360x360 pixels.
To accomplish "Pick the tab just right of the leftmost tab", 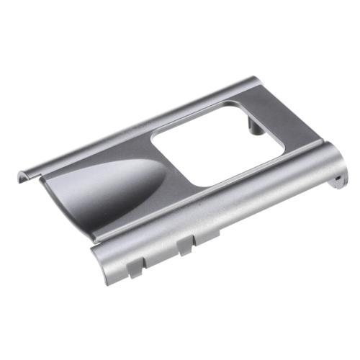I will click(x=184, y=245).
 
